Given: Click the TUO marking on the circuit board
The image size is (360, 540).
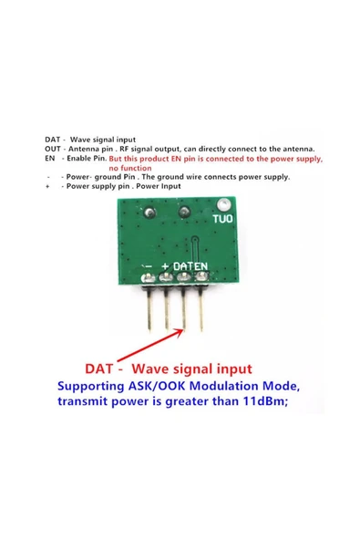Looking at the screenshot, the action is pyautogui.click(x=222, y=219).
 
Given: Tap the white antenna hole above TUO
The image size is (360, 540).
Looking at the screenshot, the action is pyautogui.click(x=223, y=205).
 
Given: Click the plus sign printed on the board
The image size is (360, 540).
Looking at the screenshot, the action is pyautogui.click(x=165, y=266).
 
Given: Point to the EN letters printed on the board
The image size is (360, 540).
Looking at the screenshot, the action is pyautogui.click(x=200, y=266).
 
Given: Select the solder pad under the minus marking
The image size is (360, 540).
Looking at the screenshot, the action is pyautogui.click(x=149, y=277).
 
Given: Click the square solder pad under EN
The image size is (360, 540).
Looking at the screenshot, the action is pyautogui.click(x=202, y=276).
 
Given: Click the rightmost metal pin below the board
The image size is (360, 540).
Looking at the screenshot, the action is pyautogui.click(x=201, y=307).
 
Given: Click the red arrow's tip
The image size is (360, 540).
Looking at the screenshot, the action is pyautogui.click(x=183, y=329).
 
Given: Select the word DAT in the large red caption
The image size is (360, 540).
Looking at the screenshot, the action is pyautogui.click(x=98, y=369).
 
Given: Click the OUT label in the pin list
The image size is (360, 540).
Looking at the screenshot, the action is pyautogui.click(x=52, y=149).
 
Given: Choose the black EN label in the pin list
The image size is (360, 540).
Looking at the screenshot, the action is pyautogui.click(x=49, y=159).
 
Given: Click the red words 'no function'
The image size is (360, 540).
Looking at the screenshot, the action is pyautogui.click(x=130, y=168).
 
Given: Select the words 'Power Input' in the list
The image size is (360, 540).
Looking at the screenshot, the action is pyautogui.click(x=159, y=186).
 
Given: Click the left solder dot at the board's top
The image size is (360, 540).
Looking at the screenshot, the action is pyautogui.click(x=149, y=213).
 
